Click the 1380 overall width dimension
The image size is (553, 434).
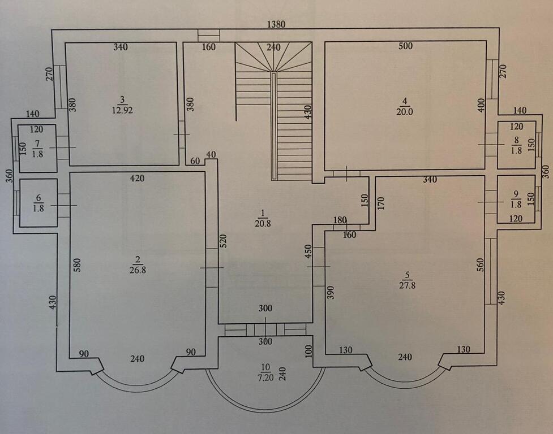(x=277, y=24)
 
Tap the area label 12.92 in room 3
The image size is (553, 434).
(x=122, y=110)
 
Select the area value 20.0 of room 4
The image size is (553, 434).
(x=404, y=111)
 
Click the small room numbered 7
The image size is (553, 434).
(x=38, y=149)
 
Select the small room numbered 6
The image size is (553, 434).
(x=38, y=202)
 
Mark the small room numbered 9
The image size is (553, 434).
(x=516, y=199)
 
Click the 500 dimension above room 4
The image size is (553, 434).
(x=405, y=46)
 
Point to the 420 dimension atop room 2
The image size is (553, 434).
(x=137, y=178)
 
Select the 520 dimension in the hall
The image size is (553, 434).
(x=224, y=242)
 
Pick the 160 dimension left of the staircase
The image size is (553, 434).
(x=208, y=47)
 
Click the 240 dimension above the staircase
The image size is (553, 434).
(x=273, y=47)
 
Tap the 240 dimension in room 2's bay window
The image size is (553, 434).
(x=137, y=358)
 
